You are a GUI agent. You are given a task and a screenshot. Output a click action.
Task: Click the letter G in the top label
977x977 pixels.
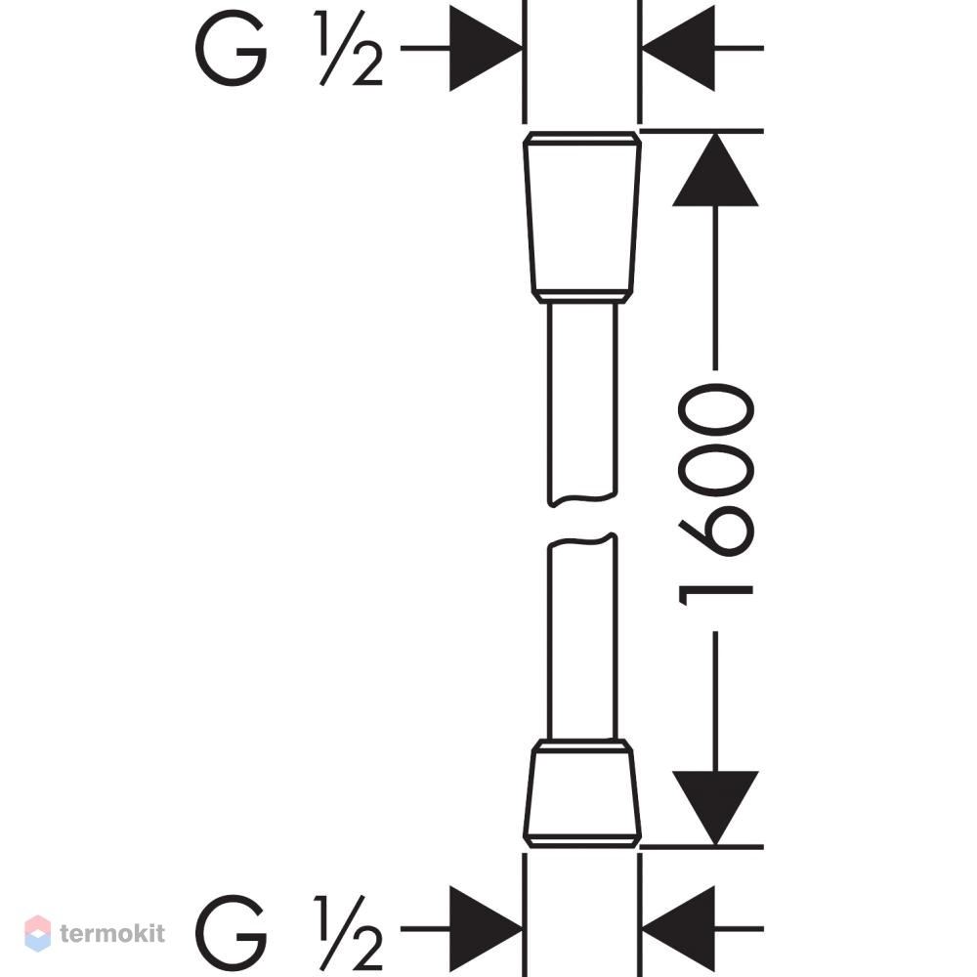point(232,48)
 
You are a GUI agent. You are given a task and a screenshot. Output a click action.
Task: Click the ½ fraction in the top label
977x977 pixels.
point(349,48)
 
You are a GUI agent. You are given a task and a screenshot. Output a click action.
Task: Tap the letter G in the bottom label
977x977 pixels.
point(232,932)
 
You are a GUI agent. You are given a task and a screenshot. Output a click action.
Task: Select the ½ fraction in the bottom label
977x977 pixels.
point(349,933)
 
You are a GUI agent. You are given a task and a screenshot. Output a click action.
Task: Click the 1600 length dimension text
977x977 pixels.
point(716,494)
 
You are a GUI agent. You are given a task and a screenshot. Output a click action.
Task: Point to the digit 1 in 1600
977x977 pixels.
point(716,596)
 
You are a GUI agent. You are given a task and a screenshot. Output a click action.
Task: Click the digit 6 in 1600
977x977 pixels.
point(716,531)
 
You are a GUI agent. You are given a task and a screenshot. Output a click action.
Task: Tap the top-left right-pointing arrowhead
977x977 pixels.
point(486,48)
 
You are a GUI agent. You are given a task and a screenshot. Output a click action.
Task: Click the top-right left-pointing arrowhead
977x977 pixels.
point(679,48)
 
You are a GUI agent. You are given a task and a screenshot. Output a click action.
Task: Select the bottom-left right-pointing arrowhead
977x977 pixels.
point(486,929)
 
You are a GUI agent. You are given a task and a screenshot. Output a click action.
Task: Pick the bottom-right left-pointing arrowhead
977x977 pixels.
point(679,929)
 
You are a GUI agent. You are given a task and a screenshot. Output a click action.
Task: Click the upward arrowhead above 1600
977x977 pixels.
point(715,169)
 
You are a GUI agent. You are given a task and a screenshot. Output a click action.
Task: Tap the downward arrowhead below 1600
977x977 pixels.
point(715,808)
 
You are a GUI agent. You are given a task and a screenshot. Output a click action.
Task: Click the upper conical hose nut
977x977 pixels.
point(582,217)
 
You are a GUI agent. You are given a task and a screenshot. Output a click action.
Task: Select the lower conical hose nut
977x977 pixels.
point(582,793)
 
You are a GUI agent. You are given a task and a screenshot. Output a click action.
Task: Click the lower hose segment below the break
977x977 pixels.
point(582,636)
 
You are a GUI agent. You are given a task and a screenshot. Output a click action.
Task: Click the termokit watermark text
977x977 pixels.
point(112,933)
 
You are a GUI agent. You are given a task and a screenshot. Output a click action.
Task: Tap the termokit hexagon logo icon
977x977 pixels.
point(38,933)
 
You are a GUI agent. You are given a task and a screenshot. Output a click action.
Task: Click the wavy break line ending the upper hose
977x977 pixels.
point(582,499)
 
